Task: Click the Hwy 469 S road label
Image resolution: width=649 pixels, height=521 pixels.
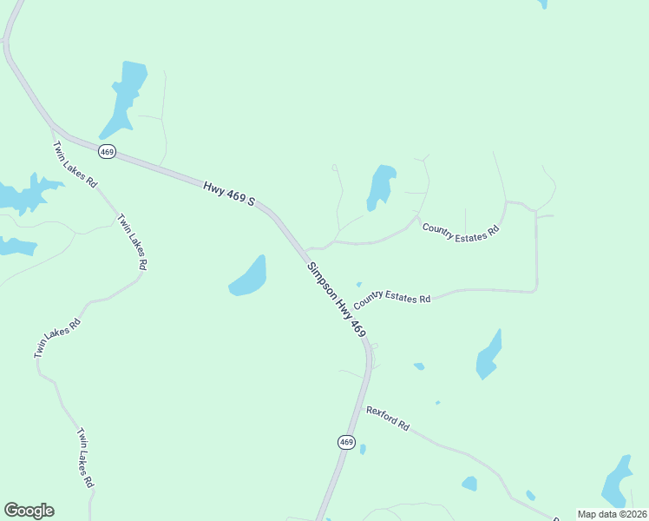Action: pyautogui.click(x=230, y=194)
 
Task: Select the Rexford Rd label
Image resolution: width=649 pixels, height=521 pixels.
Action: pyautogui.click(x=387, y=419)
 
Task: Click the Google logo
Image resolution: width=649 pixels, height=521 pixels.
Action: pyautogui.click(x=29, y=511)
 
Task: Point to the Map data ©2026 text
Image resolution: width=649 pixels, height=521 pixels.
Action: pyautogui.click(x=612, y=514)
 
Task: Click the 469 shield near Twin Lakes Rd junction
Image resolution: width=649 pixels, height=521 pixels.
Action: pyautogui.click(x=107, y=151)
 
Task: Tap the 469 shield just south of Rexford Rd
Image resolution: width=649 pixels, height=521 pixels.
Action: pyautogui.click(x=346, y=442)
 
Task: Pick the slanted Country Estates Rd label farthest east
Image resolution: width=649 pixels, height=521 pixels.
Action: pyautogui.click(x=462, y=231)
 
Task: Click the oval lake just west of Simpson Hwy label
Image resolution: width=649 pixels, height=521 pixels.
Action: pyautogui.click(x=248, y=276)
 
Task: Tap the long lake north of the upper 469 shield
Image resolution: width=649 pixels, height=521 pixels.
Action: pyautogui.click(x=127, y=94)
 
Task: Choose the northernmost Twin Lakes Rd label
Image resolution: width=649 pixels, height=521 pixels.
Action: pyautogui.click(x=75, y=165)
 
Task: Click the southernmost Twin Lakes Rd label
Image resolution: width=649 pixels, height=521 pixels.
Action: pyautogui.click(x=85, y=457)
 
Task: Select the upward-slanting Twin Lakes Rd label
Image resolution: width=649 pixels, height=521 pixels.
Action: pyautogui.click(x=57, y=338)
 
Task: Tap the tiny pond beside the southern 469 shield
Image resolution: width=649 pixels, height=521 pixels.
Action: pyautogui.click(x=363, y=449)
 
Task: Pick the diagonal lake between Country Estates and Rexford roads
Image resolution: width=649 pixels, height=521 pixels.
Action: pyautogui.click(x=488, y=354)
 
